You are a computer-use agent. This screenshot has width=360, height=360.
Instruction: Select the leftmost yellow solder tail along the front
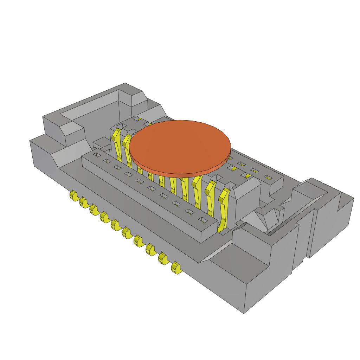(x=73, y=195)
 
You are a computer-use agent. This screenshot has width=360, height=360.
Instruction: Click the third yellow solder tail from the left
(x=94, y=210)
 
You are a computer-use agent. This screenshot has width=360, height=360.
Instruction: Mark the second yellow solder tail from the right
(x=163, y=259)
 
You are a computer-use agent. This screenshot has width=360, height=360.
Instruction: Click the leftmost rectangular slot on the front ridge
(x=97, y=154)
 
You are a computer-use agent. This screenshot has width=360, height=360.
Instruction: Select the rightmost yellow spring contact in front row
(x=224, y=209)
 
